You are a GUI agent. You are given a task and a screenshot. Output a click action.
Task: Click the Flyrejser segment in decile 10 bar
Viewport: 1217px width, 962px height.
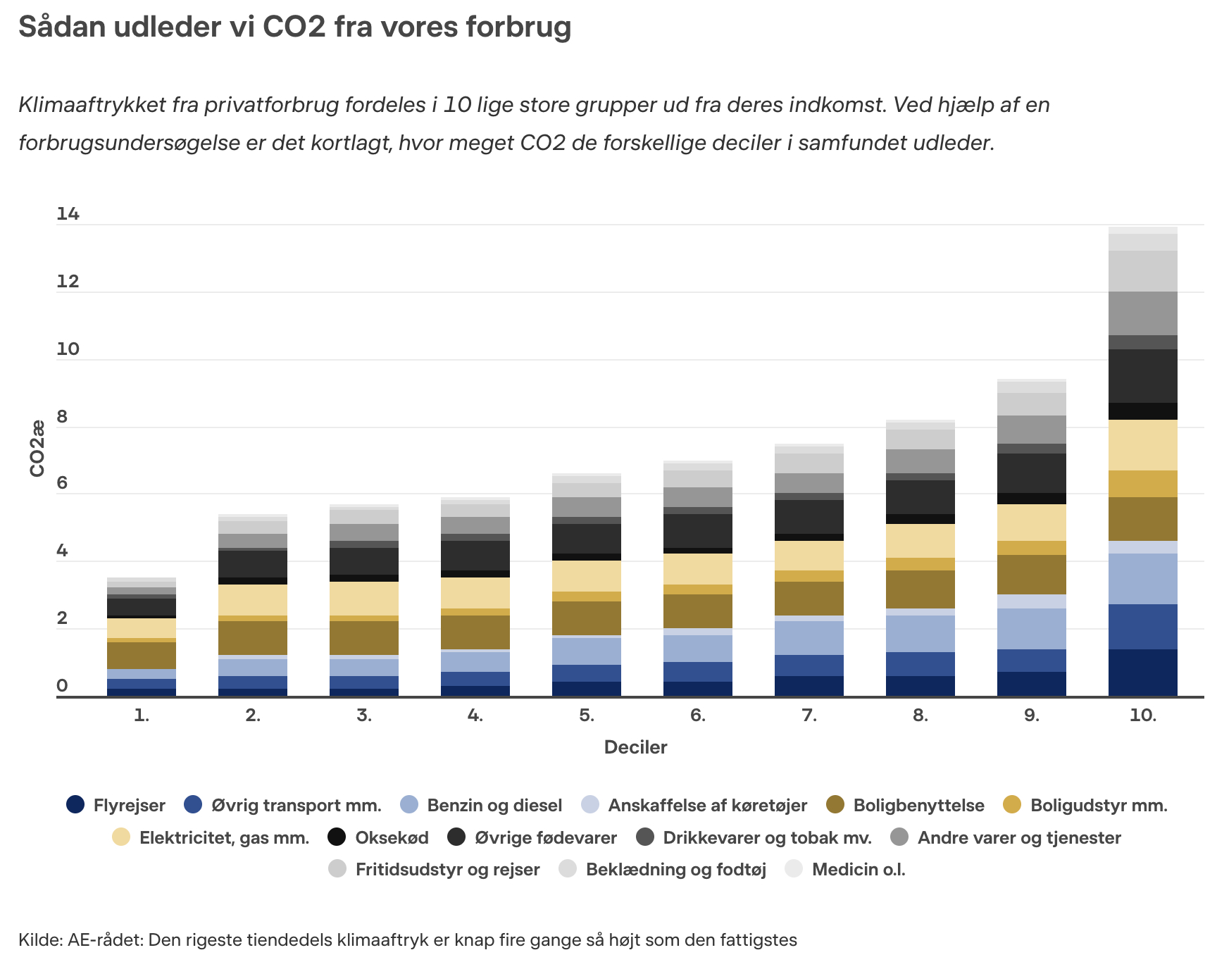(1142, 673)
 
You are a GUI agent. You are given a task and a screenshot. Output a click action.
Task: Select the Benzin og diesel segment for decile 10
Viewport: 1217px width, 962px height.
(1142, 579)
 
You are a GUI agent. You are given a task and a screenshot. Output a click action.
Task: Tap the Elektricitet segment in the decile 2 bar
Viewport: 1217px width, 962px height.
(253, 600)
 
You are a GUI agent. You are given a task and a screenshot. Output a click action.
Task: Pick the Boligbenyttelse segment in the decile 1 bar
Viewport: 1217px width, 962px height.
(142, 655)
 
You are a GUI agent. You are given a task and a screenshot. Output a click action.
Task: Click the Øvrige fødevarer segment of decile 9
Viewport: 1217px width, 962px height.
(1031, 473)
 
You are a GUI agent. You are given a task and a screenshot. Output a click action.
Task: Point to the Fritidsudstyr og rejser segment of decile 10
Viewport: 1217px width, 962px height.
(1142, 271)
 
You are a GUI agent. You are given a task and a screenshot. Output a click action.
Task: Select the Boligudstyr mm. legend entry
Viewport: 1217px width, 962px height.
(1098, 805)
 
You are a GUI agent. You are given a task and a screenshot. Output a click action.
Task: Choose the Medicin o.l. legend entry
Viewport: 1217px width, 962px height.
(858, 869)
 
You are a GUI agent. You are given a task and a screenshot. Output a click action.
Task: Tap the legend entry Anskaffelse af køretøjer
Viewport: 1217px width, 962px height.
(707, 805)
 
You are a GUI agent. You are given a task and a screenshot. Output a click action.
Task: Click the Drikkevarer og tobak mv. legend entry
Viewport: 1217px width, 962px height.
(767, 837)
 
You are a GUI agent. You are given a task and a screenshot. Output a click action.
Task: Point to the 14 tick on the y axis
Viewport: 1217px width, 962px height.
(68, 214)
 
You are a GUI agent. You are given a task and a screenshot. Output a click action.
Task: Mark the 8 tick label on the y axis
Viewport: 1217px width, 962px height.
(62, 417)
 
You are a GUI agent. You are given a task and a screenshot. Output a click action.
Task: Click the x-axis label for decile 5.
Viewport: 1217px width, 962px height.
(587, 716)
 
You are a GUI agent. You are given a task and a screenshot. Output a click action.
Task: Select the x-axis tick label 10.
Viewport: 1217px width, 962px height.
(1142, 716)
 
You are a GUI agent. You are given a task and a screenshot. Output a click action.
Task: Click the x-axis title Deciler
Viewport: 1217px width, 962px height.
(635, 747)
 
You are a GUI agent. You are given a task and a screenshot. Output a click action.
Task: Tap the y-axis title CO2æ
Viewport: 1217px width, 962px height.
(37, 449)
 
